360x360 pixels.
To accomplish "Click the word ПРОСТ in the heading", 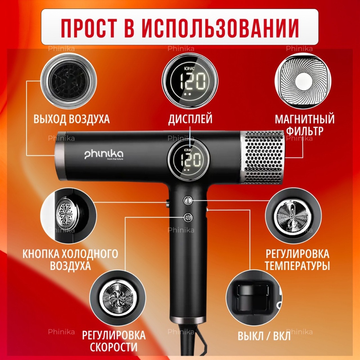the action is (x=89, y=27).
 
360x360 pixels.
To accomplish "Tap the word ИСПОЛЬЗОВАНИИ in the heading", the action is (x=220, y=27).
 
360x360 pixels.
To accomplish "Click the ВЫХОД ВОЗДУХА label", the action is (x=71, y=119).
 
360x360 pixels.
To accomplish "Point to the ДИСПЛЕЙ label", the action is (x=190, y=119).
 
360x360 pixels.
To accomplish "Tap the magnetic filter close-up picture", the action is (x=303, y=81).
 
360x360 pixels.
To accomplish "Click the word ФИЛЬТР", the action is (x=305, y=131).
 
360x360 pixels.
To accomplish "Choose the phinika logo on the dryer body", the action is (x=104, y=155).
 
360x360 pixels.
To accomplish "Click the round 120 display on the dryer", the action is (x=188, y=160).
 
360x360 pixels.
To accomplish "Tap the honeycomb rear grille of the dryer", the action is (x=262, y=157).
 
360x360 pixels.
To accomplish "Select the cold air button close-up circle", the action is (x=68, y=216).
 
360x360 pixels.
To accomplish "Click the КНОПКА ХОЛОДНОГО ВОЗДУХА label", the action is (x=70, y=260).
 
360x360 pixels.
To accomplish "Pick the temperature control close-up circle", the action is (x=293, y=216).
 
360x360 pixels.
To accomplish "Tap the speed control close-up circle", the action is (x=118, y=298).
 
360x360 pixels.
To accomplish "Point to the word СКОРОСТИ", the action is (x=114, y=347).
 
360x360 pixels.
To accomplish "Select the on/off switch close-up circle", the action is (x=254, y=298).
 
